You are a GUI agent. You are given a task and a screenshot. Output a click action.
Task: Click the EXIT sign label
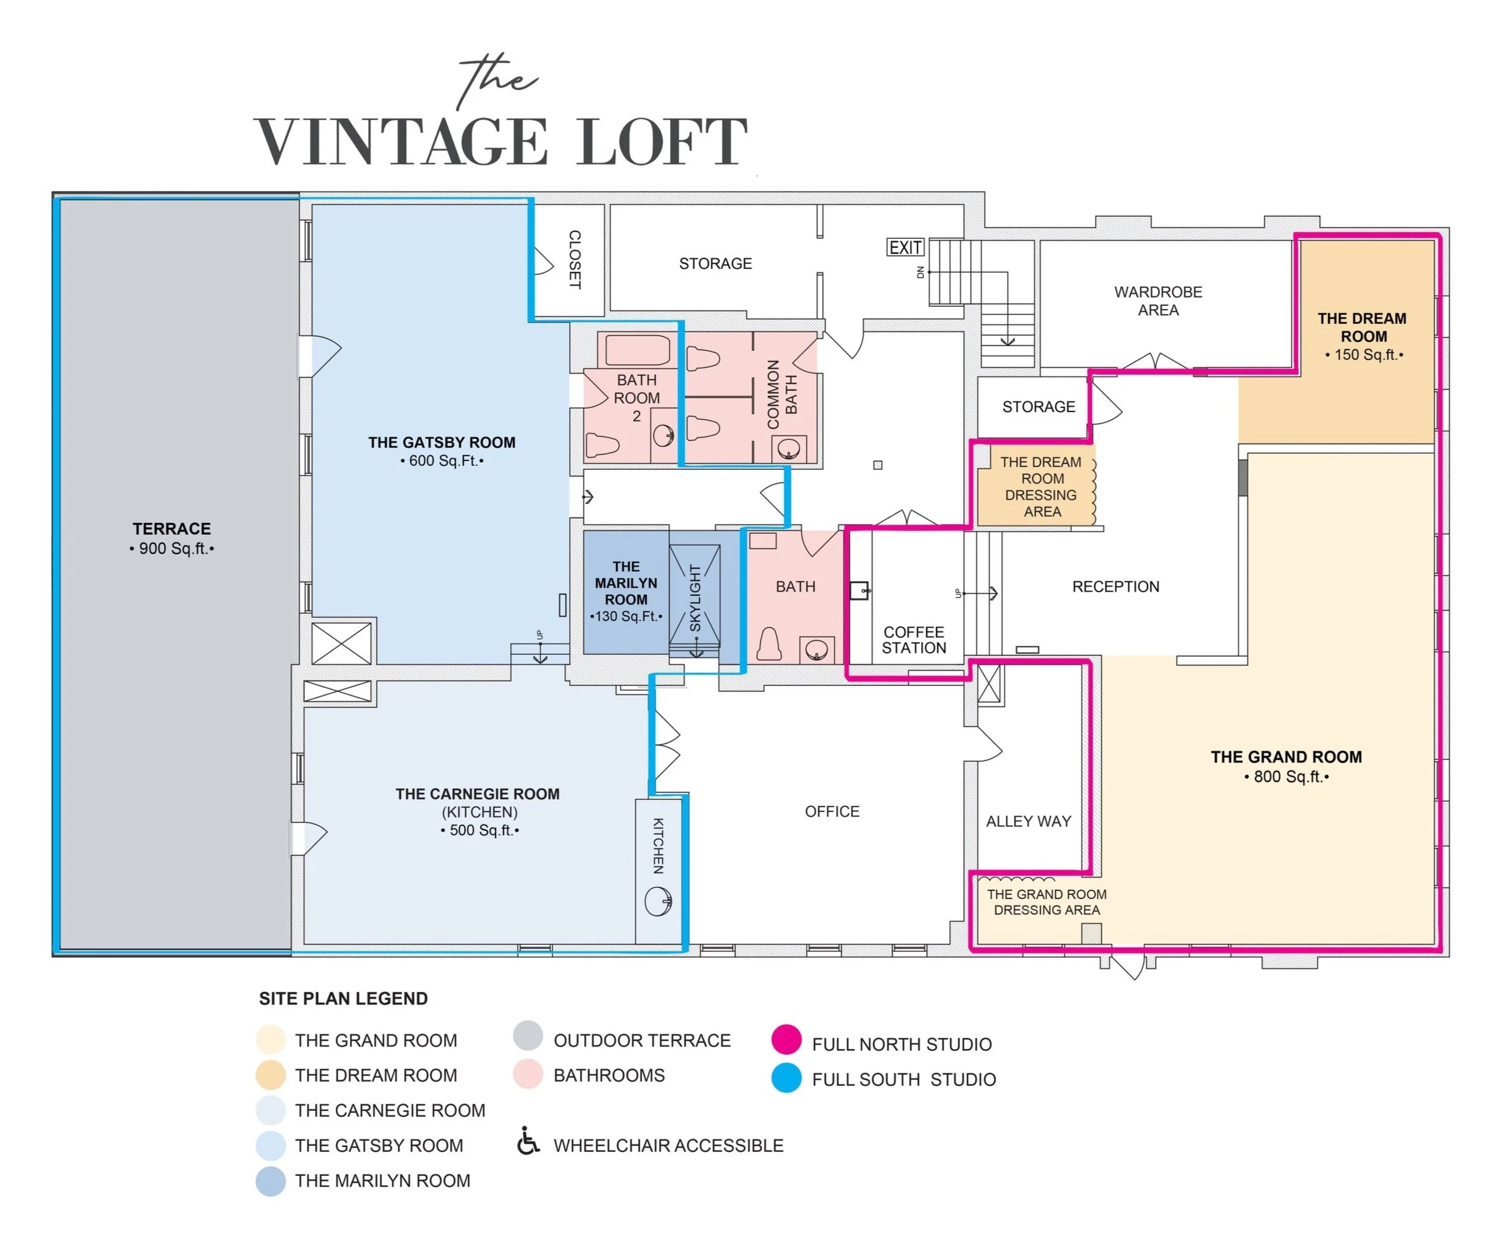(905, 247)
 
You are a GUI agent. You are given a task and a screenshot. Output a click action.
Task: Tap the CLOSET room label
(574, 260)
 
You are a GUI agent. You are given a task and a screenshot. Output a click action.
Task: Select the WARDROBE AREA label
(1158, 301)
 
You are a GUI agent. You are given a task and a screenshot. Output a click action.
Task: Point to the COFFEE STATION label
(914, 640)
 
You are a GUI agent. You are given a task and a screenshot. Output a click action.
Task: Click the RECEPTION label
(1115, 587)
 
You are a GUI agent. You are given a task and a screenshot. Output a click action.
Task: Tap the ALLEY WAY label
(1028, 821)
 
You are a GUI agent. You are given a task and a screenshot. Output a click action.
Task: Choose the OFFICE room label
(832, 811)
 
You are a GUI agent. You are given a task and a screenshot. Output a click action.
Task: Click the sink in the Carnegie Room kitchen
(658, 901)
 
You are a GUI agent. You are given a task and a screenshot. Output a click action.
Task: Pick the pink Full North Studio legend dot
(786, 1040)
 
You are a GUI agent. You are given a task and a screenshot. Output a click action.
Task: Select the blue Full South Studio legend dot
(786, 1078)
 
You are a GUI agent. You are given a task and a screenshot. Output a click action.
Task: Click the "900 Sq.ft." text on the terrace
(171, 549)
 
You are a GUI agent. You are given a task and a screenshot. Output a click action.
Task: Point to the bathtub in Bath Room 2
(638, 351)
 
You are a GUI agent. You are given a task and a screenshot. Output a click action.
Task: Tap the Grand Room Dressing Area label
(1046, 902)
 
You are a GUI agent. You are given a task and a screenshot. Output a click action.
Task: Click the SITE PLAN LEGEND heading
(344, 999)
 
